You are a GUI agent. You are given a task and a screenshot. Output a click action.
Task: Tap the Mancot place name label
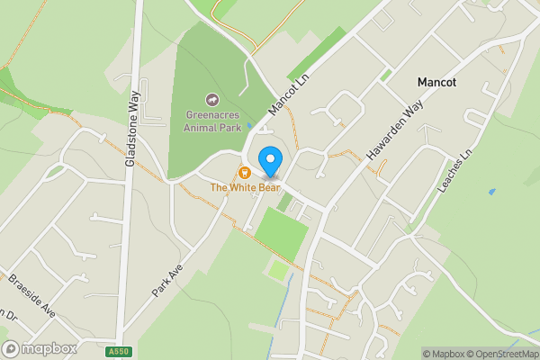[x=436, y=82]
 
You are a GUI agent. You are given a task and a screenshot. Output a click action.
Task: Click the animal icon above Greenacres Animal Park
[x=213, y=100]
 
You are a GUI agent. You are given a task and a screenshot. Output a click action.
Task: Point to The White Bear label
[x=245, y=187]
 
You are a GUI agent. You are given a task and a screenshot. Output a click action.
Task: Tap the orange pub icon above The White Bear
[x=244, y=172]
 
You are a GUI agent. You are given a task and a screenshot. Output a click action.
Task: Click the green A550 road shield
[x=117, y=351]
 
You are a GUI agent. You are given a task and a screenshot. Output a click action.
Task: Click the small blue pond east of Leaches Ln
[x=491, y=191]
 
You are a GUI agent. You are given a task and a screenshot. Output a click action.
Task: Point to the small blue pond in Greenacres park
[x=248, y=125]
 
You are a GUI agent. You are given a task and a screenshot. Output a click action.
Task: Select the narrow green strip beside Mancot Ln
[x=316, y=54]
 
